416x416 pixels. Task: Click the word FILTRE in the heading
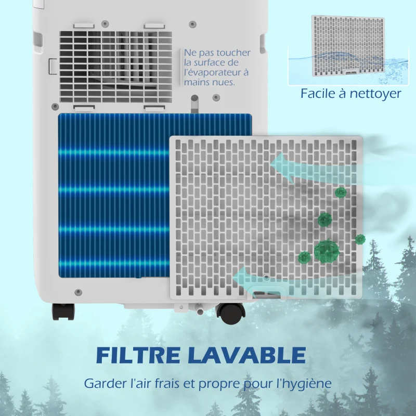click(x=138, y=355)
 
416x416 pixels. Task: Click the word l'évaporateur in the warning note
click(x=216, y=72)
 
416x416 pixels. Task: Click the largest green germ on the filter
click(x=327, y=251)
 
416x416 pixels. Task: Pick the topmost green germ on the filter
click(x=341, y=192)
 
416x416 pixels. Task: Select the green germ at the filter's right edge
click(x=360, y=239)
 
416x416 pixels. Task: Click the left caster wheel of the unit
click(x=63, y=311)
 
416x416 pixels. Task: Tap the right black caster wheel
click(x=230, y=314)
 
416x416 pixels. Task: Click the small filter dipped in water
click(x=348, y=46)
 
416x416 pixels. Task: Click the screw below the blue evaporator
click(x=78, y=292)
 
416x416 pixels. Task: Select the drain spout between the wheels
click(x=199, y=309)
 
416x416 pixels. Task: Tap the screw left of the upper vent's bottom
click(x=55, y=107)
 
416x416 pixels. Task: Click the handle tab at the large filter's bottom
click(x=267, y=294)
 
